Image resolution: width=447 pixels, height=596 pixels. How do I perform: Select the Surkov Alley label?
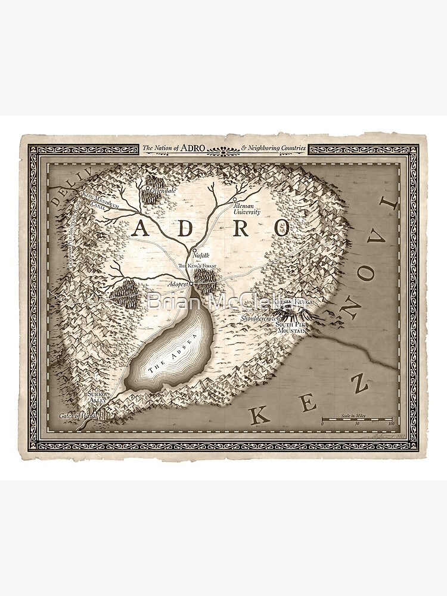97,398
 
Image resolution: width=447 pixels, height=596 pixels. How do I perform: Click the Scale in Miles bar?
356,419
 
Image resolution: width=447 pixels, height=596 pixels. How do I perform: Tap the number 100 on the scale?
391,424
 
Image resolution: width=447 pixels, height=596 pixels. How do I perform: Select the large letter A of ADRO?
141,229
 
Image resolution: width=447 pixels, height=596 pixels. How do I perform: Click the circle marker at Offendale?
148,190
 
